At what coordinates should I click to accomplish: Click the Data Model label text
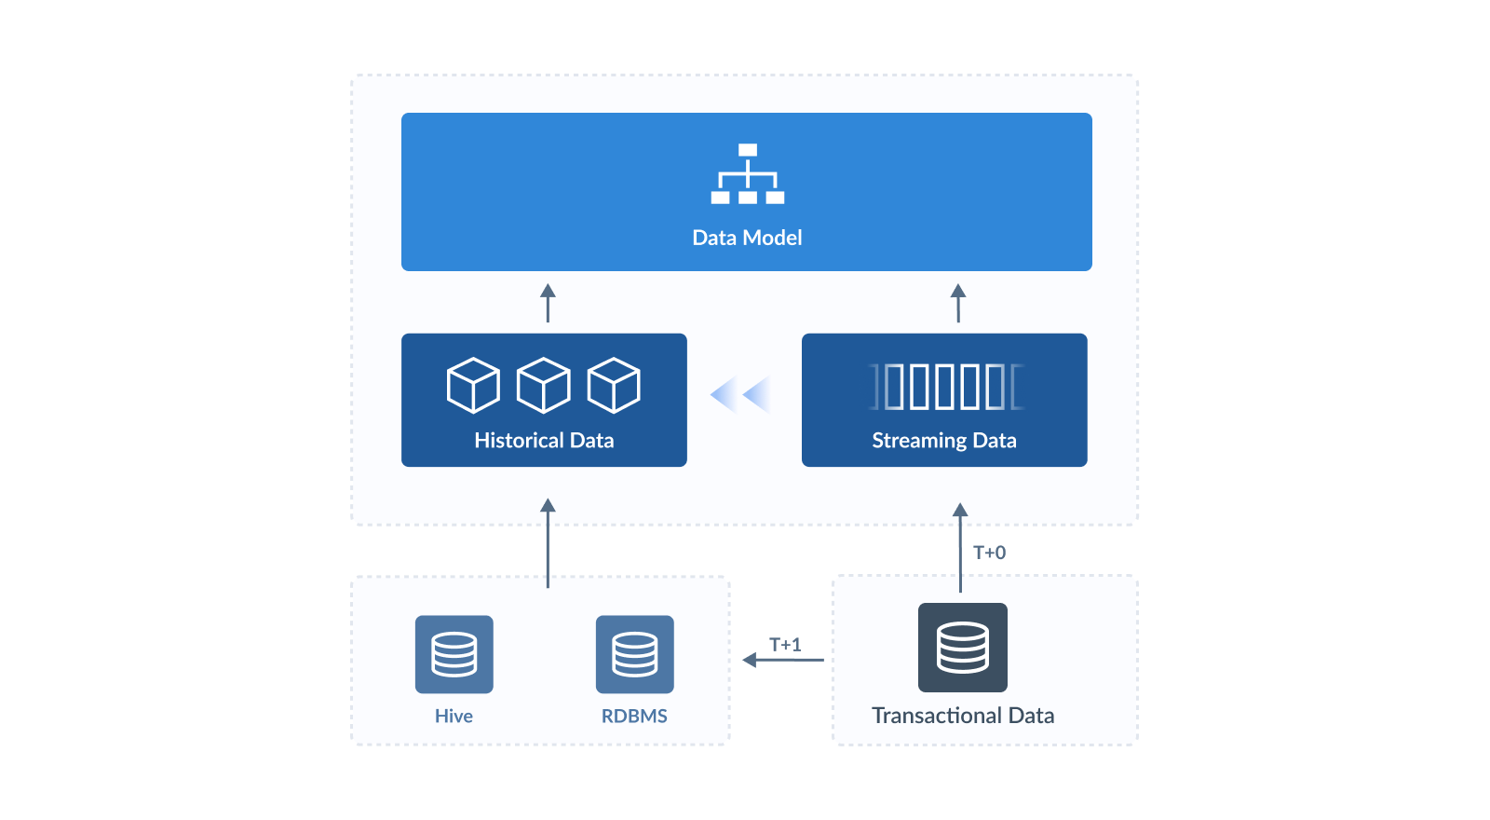747,238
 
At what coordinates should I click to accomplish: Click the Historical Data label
544,440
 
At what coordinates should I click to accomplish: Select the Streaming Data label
943,440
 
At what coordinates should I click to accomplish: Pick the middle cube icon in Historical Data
543,385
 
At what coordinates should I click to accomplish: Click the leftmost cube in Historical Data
473,385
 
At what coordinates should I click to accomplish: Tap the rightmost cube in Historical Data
614,385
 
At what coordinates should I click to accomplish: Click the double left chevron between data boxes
741,394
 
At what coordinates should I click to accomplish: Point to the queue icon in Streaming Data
946,387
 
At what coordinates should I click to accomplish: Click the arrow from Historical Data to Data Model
548,304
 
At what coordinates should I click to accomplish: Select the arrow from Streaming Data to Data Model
957,304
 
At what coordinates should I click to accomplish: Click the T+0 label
989,553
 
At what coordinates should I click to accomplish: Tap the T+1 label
784,644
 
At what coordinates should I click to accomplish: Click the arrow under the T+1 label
782,660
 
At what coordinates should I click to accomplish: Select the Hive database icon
454,654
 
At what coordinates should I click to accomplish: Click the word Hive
454,716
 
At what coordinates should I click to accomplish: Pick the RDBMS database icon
634,654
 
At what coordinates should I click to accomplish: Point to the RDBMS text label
634,716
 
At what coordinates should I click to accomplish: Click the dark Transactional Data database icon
962,648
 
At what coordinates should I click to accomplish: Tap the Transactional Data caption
963,715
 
